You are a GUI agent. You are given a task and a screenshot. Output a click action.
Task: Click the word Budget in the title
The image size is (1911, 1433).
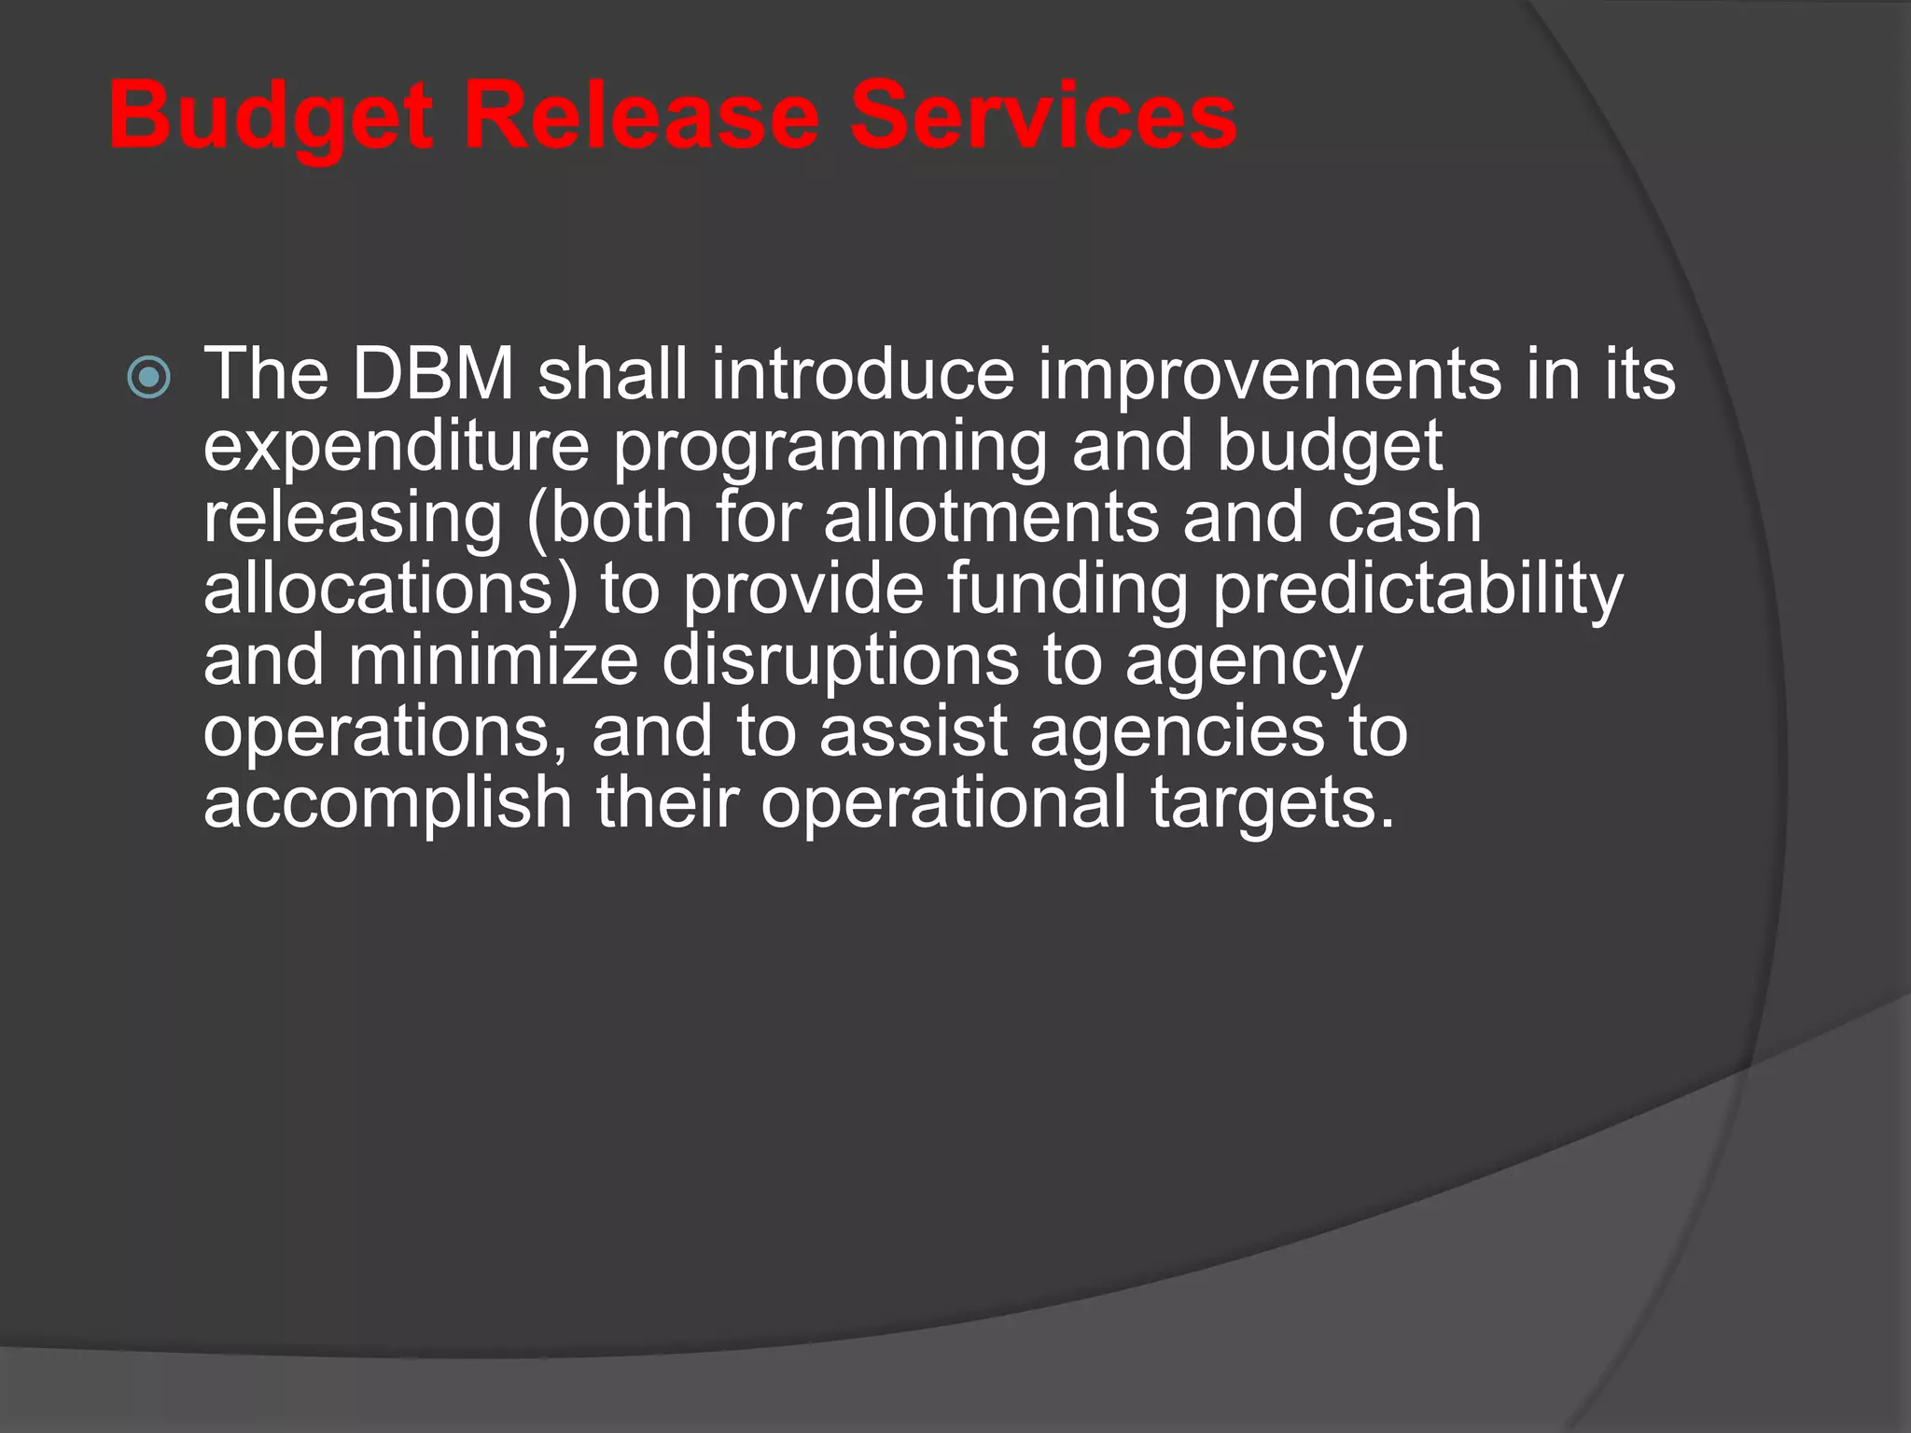271,117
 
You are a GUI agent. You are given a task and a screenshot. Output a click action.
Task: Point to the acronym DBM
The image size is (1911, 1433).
433,374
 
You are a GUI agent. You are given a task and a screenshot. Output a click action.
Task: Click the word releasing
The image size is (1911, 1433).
353,519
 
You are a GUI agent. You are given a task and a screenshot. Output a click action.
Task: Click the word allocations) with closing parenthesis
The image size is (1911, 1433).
390,590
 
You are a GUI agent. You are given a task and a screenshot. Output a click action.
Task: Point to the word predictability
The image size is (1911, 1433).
1417,590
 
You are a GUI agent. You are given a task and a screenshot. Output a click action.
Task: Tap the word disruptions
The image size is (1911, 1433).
840,661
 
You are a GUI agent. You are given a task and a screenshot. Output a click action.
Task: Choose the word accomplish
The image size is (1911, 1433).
387,803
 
